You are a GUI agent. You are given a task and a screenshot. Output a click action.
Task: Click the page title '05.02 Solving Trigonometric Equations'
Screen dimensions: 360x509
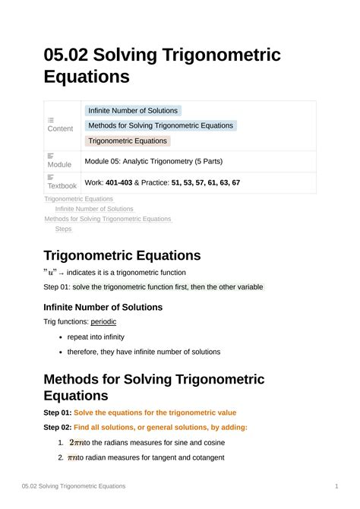162,65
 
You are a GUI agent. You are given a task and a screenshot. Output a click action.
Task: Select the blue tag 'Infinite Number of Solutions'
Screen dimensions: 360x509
133,111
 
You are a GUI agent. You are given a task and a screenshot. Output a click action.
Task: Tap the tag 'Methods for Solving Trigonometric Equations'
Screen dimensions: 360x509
161,125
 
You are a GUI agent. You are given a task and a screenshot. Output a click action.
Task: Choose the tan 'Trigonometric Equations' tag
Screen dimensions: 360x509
128,141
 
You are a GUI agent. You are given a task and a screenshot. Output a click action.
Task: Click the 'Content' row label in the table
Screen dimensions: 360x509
60,128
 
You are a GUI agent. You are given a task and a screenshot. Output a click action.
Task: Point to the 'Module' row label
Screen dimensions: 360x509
59,164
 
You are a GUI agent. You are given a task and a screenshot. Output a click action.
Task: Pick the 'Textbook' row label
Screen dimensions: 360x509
62,185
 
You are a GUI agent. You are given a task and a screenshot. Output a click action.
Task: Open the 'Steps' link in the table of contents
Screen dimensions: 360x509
63,229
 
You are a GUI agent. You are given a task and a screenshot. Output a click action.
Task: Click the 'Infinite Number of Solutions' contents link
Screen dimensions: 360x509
94,209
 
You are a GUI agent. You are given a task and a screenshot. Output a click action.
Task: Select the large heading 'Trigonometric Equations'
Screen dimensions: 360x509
122,255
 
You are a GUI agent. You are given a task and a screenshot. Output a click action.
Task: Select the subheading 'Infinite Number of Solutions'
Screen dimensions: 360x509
103,307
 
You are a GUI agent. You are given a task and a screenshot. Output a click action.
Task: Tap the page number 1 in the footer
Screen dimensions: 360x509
336,485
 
